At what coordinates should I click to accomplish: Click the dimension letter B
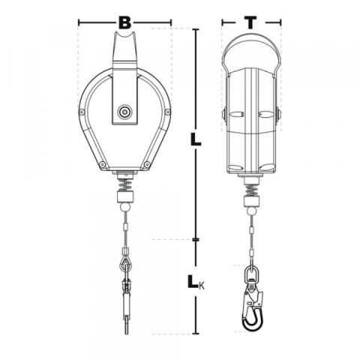click(124, 22)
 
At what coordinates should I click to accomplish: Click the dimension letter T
click(250, 22)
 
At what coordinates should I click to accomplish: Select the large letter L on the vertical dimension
click(196, 139)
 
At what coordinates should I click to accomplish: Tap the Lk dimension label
click(196, 282)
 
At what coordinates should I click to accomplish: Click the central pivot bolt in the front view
click(124, 112)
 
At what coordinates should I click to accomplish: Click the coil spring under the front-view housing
click(124, 184)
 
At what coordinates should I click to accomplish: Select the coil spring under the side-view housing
click(251, 190)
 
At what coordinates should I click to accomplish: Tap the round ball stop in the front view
click(125, 208)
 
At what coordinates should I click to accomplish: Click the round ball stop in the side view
click(251, 212)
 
